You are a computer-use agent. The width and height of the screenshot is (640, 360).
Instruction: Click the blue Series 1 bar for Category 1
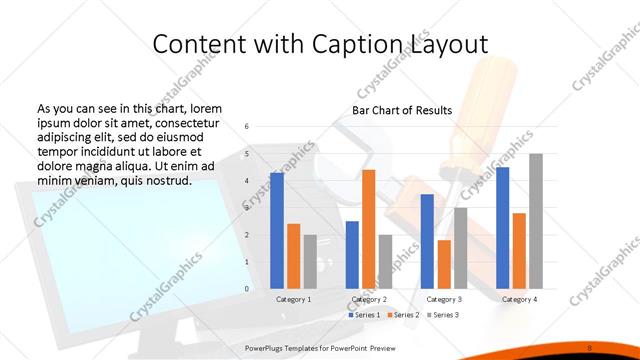click(277, 231)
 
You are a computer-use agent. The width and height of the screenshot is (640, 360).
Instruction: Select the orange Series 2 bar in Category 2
click(368, 229)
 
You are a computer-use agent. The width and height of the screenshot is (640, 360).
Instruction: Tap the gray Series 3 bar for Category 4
click(536, 221)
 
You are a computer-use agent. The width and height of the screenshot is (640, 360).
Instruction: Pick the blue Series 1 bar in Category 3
click(427, 241)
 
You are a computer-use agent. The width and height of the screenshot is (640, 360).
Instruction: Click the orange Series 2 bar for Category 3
click(444, 264)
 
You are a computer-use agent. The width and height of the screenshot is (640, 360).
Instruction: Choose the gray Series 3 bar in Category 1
click(310, 262)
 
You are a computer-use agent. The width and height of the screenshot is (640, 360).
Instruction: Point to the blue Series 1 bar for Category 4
click(502, 228)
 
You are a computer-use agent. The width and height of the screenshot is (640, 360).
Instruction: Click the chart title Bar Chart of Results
click(402, 110)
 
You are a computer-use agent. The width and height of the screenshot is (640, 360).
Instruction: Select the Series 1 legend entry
click(363, 315)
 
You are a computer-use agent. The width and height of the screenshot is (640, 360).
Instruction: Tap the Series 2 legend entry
click(403, 315)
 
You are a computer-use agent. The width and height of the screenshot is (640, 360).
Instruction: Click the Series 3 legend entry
click(442, 315)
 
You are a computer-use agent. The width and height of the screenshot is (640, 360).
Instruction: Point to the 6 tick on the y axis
click(248, 127)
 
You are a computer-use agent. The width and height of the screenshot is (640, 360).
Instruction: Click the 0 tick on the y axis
click(248, 289)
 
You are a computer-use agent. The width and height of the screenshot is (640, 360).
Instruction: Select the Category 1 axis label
click(293, 299)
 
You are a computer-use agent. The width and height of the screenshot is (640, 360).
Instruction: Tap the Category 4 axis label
click(519, 299)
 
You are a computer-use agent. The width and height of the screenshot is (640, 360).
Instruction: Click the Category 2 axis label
click(368, 299)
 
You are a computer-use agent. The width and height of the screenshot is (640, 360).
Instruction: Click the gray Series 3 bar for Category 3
click(461, 248)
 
